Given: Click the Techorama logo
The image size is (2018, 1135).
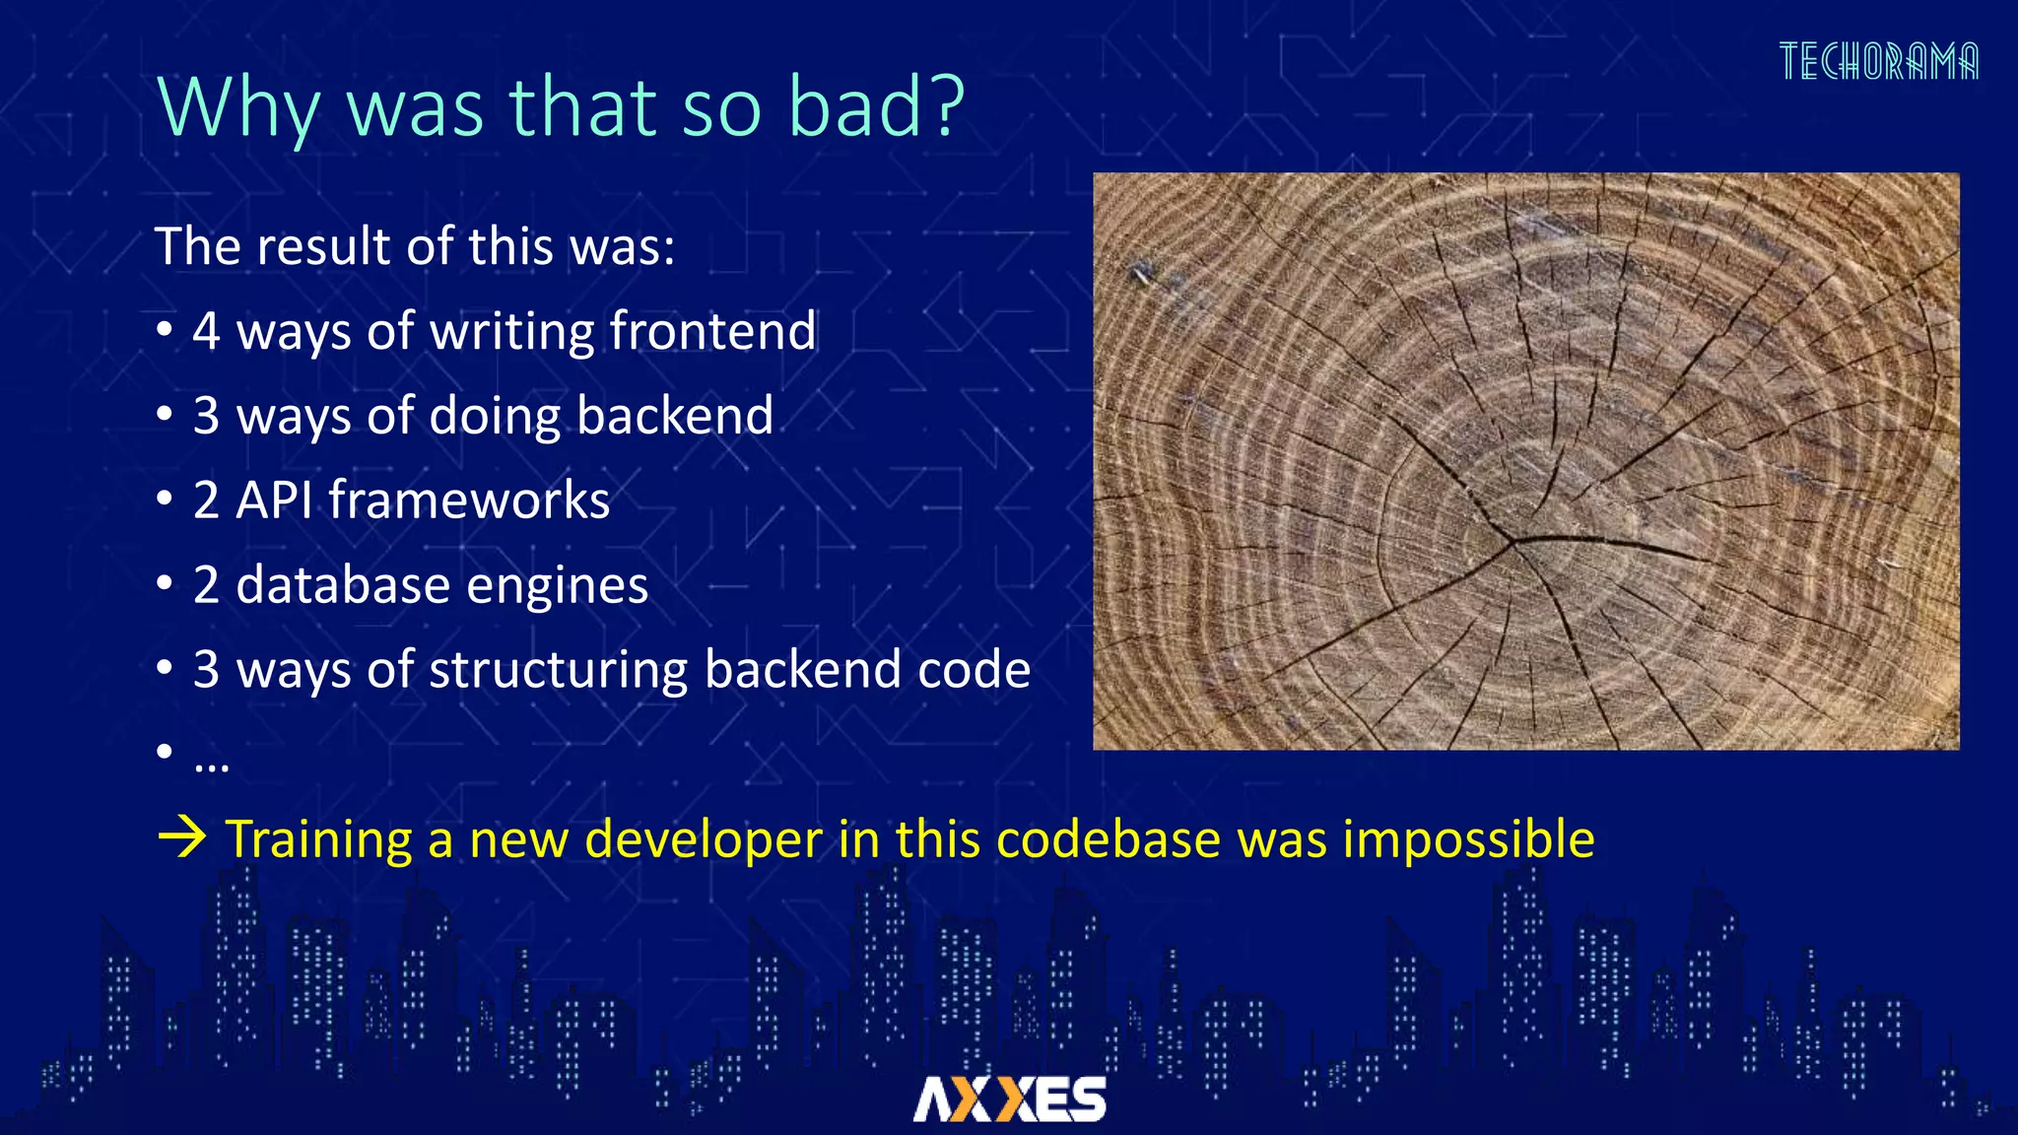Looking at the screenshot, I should pyautogui.click(x=1878, y=62).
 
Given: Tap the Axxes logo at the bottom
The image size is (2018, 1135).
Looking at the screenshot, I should pyautogui.click(x=1009, y=1099).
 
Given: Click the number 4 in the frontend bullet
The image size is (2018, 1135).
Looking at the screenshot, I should pyautogui.click(x=206, y=331).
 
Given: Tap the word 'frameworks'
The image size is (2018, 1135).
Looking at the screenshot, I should pyautogui.click(x=469, y=500).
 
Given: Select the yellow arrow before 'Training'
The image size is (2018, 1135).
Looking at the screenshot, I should pyautogui.click(x=182, y=838).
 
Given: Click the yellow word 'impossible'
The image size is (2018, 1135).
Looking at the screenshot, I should pyautogui.click(x=1467, y=840).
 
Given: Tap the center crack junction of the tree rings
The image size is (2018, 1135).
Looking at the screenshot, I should pyautogui.click(x=1513, y=540).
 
